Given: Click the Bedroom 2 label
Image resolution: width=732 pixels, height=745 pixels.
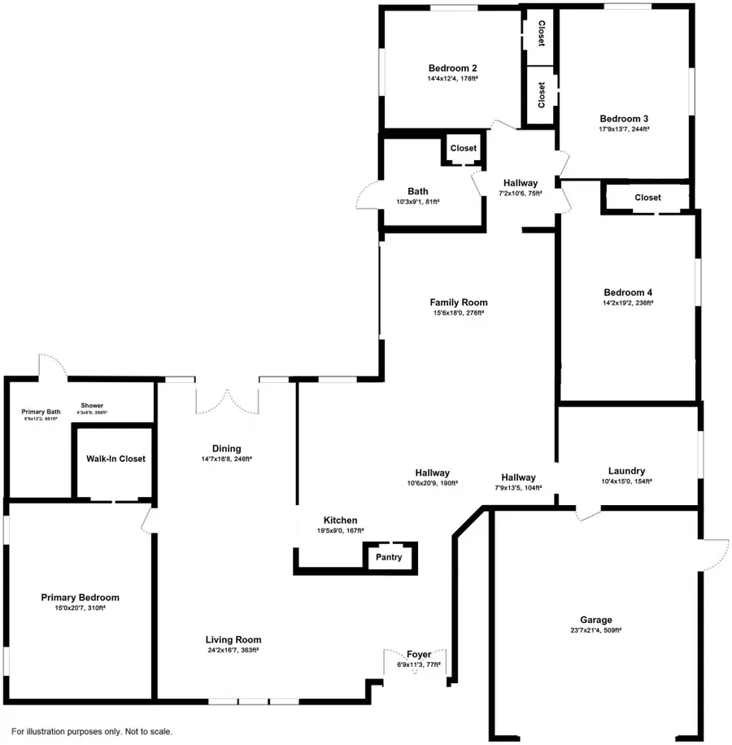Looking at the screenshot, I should pos(452,68).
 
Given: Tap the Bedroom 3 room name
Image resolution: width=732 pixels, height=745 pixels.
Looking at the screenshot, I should pos(624,118).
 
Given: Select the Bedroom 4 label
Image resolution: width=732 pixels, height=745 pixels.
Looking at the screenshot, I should pos(628,293).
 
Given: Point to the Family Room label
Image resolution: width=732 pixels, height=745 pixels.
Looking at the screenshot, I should pos(459,303).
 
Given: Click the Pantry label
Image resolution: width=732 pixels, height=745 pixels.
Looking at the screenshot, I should pos(390,558).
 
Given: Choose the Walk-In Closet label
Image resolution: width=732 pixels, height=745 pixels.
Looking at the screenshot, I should pos(115,459).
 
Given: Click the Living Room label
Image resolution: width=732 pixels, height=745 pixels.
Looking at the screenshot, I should pos(233,639).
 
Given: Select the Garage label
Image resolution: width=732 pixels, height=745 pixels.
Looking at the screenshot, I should pos(596,620).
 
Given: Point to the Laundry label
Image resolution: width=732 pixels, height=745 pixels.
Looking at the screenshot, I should pos(626,471).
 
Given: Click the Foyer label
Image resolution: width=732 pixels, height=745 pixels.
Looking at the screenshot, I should pos(419,655).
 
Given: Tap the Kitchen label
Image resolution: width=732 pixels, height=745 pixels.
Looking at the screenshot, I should pos(340,521).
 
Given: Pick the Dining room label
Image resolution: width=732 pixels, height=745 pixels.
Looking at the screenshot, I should pos(226,448).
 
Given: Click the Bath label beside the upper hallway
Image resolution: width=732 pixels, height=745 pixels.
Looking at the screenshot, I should pos(418,191).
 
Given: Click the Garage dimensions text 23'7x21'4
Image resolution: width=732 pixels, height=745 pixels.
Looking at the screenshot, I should pos(595,630).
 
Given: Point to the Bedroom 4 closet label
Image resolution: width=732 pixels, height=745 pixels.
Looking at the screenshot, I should pos(647,198).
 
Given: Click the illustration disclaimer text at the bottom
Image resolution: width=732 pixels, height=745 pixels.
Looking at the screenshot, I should pos(92,732).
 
